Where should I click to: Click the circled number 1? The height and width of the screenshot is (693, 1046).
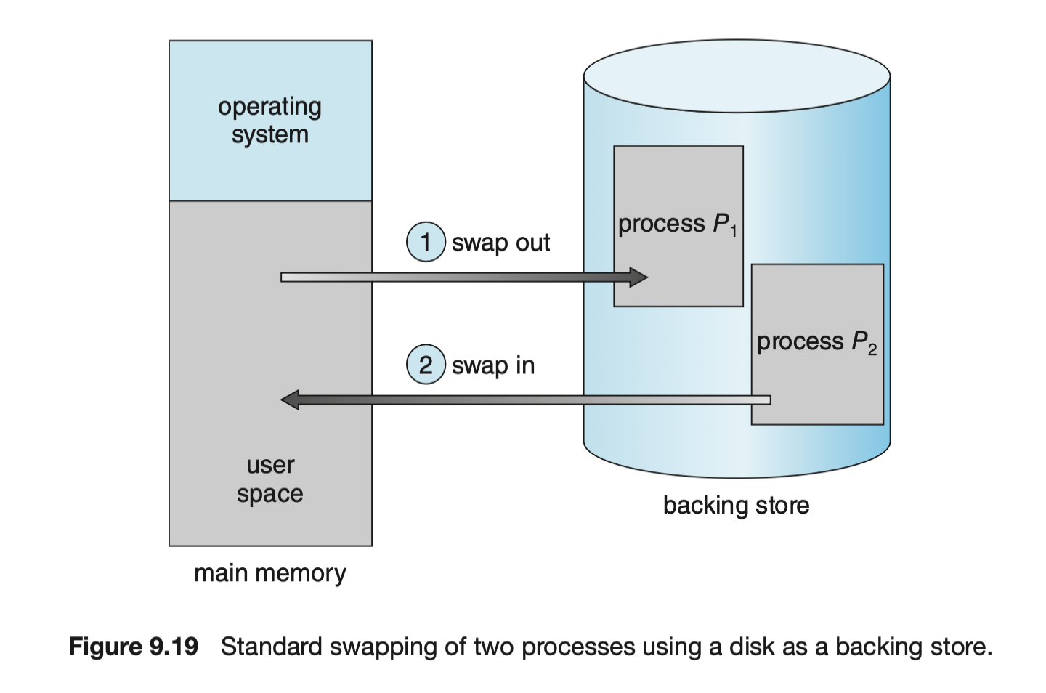(x=426, y=242)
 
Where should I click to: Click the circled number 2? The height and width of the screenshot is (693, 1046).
(x=426, y=365)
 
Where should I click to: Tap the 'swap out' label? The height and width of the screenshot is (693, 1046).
(x=500, y=243)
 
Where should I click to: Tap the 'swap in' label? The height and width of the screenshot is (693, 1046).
(x=493, y=365)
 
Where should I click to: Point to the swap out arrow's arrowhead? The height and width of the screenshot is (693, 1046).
(x=638, y=277)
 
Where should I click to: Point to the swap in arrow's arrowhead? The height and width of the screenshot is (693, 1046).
(x=291, y=400)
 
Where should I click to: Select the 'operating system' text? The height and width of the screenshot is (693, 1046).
(x=269, y=121)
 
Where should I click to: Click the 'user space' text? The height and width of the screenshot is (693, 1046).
(x=269, y=479)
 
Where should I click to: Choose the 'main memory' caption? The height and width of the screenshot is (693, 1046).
(x=269, y=573)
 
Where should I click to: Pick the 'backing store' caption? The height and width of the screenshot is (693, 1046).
(x=736, y=505)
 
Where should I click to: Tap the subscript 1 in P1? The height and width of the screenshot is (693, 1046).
(x=734, y=232)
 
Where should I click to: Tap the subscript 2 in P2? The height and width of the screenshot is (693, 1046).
(x=872, y=350)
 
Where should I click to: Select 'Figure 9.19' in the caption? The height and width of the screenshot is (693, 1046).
(x=133, y=647)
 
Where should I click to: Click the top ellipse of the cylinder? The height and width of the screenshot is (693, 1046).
(x=737, y=75)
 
